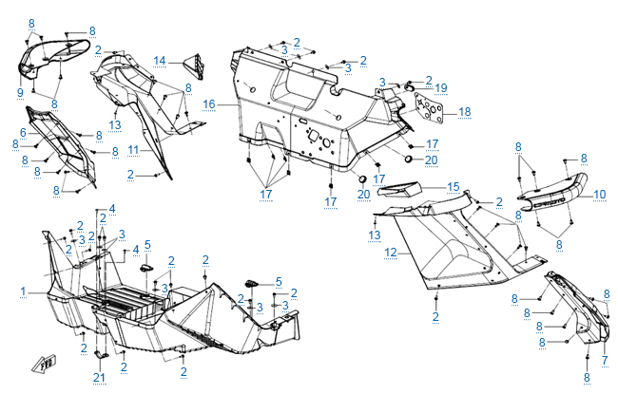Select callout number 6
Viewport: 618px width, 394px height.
click(23, 132)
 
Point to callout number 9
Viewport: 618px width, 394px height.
click(19, 91)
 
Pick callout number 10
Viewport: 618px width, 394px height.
click(599, 195)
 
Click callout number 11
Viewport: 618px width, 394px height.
click(133, 150)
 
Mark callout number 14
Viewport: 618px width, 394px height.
click(160, 61)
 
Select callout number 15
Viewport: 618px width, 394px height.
click(454, 187)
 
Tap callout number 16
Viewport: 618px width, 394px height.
click(208, 103)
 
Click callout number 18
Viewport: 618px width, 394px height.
click(464, 112)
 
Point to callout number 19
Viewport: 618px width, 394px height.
click(440, 87)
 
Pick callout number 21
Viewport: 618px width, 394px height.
click(99, 379)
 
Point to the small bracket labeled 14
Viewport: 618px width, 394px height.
click(198, 64)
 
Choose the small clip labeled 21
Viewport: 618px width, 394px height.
click(99, 357)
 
